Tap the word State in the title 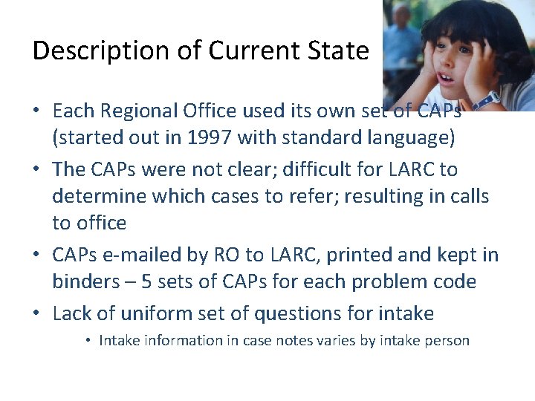pos(340,50)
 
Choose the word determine pos(101,196)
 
